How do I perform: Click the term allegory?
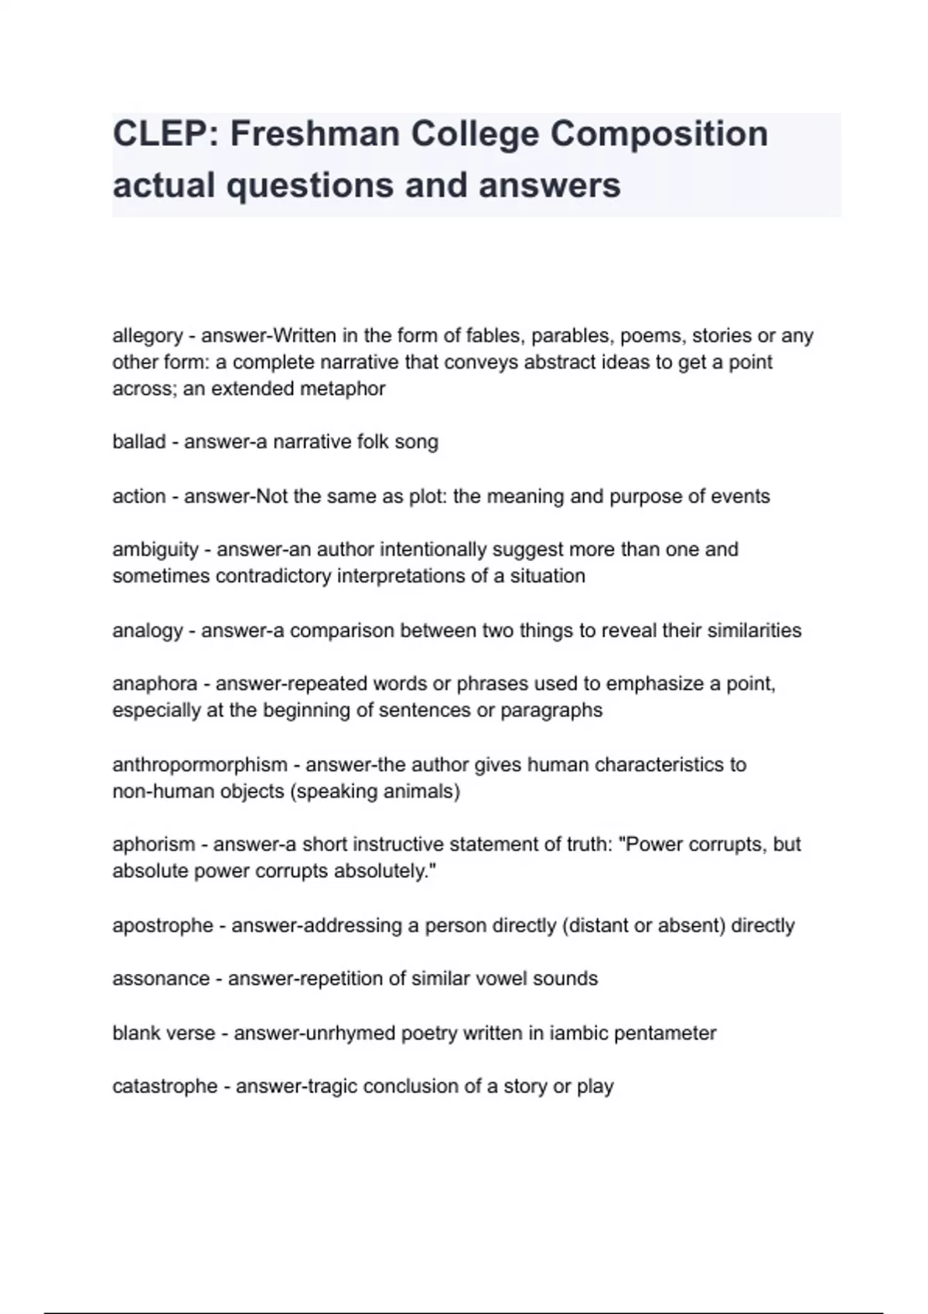coord(148,336)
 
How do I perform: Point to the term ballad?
coord(139,442)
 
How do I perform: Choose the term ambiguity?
coord(155,550)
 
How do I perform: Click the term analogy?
coord(148,631)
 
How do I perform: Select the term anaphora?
coord(155,684)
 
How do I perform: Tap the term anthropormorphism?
coord(200,765)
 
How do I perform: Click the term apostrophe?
coord(162,925)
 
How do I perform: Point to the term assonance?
coord(161,979)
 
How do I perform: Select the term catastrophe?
coord(165,1087)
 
